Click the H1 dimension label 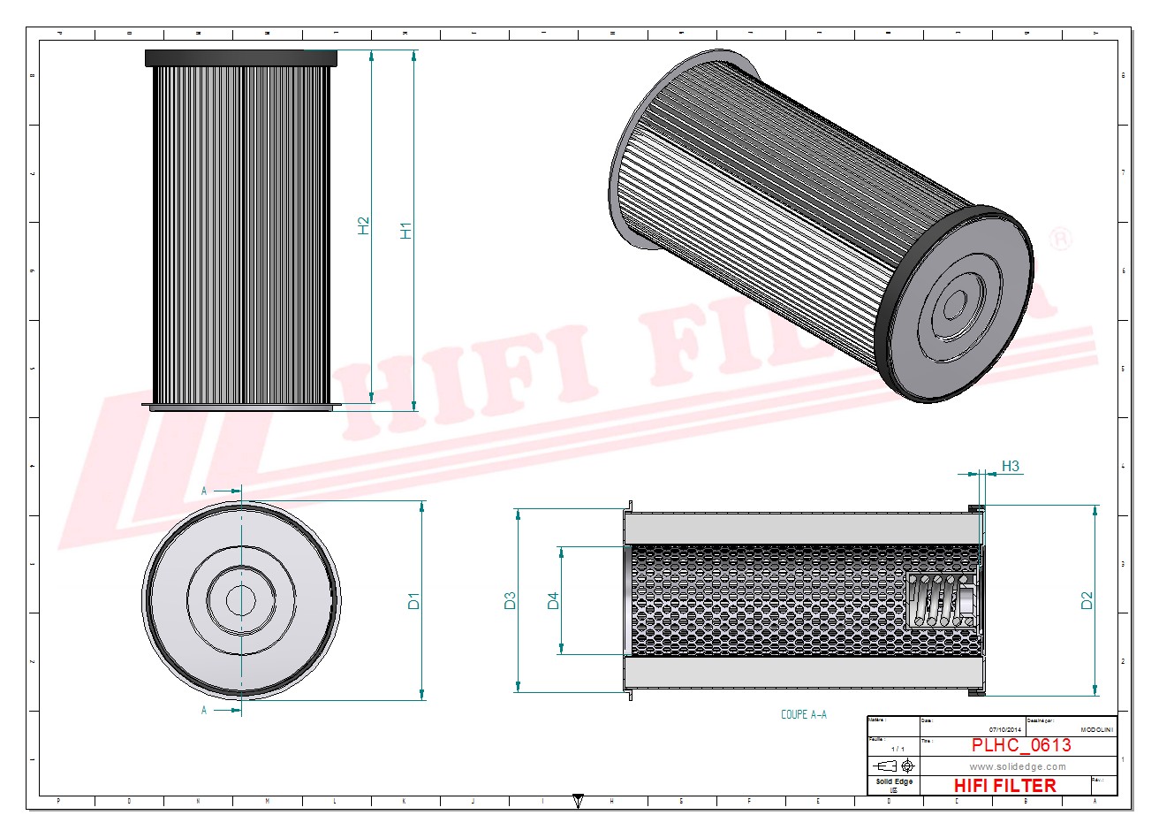point(406,230)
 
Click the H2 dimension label point(363,225)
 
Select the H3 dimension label point(1010,466)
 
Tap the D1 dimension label point(413,601)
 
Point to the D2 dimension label point(1087,600)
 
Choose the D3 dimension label point(510,601)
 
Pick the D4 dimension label point(553,601)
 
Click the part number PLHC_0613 point(1020,745)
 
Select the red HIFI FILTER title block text point(1004,785)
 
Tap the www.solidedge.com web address point(1018,766)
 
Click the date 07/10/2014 point(1004,730)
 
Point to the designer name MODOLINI point(1097,730)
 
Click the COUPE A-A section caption point(803,715)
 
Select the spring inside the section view point(943,600)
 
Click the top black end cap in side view point(241,58)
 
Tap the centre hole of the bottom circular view point(240,600)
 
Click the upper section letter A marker point(204,491)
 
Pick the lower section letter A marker point(204,710)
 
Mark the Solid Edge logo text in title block point(893,782)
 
